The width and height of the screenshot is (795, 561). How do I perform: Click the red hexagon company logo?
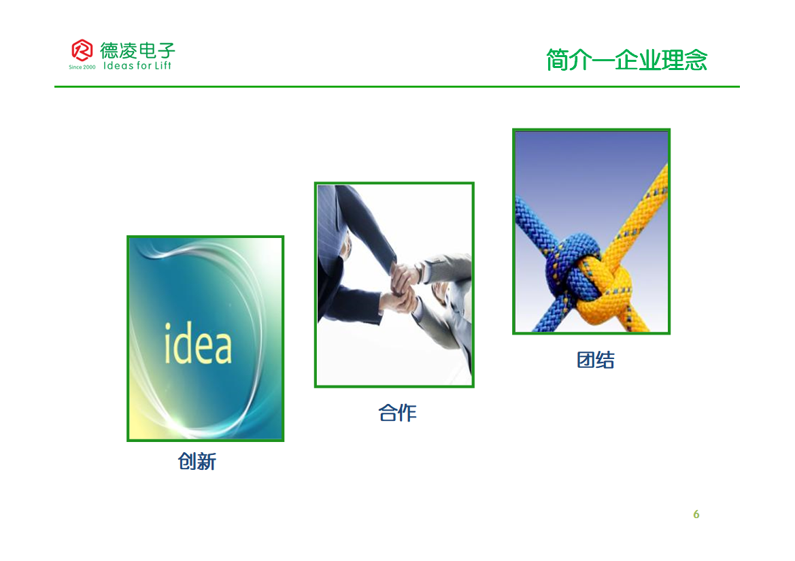(x=82, y=50)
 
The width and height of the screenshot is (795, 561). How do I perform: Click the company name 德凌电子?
(x=137, y=50)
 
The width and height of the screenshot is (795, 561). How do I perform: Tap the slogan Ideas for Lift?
(x=137, y=65)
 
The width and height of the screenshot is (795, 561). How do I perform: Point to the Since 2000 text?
(x=82, y=67)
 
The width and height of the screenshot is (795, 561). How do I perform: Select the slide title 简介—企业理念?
(x=626, y=60)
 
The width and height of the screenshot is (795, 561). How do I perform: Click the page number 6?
(x=696, y=514)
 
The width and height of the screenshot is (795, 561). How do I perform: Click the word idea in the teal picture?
(x=198, y=343)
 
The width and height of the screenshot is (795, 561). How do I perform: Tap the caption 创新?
(x=197, y=461)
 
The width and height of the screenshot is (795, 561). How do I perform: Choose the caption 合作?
(x=397, y=413)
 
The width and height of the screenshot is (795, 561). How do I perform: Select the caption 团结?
(x=595, y=360)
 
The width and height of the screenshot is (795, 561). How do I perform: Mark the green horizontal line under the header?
(x=397, y=86)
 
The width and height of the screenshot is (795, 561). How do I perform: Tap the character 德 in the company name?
(x=109, y=50)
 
